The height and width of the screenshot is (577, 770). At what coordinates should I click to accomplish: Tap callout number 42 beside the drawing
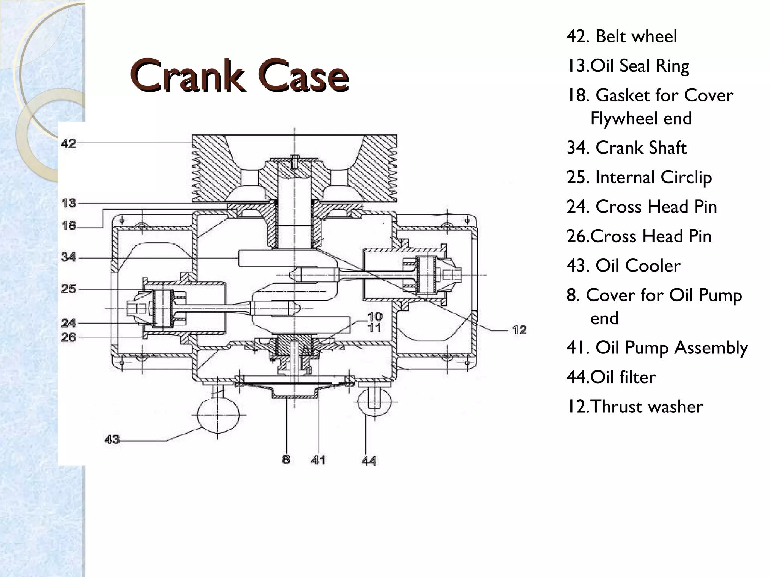point(68,143)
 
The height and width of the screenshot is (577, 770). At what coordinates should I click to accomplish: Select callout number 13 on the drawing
point(69,203)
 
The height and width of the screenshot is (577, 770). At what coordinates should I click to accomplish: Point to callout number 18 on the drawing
point(69,226)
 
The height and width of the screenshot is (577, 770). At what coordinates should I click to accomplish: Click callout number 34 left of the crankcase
point(68,257)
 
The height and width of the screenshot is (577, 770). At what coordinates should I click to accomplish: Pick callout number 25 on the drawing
point(68,289)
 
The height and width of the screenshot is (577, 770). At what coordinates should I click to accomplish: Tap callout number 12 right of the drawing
point(519,330)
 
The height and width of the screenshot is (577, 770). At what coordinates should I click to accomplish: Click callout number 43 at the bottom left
point(112,439)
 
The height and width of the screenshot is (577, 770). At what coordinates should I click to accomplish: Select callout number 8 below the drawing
point(286,459)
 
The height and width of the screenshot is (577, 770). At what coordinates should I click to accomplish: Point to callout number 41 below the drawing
point(318,460)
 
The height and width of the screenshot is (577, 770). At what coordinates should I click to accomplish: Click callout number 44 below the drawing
point(369,461)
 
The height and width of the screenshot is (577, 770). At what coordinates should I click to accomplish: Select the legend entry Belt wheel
point(622,36)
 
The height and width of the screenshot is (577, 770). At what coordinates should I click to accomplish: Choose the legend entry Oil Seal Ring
point(628,66)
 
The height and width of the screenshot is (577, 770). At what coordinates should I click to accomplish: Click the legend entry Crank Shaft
point(627,148)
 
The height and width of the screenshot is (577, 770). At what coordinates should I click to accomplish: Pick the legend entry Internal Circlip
point(639,177)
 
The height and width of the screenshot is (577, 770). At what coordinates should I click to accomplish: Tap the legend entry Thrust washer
point(635,406)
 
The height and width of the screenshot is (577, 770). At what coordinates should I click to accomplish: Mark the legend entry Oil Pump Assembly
point(657,347)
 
